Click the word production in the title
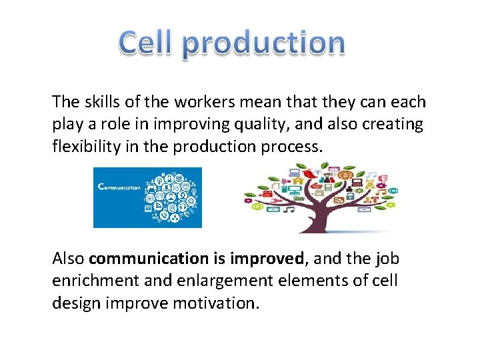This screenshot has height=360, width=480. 263,44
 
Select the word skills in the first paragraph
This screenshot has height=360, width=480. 103,102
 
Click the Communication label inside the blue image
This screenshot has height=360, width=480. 120,187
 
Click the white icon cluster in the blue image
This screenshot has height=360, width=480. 172,197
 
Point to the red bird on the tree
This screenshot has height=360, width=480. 309,175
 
